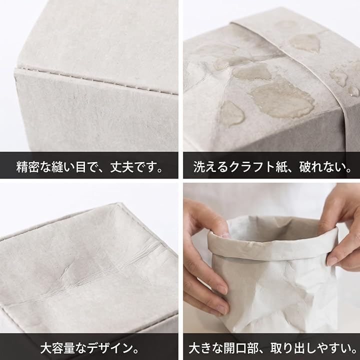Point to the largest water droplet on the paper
point(282,101)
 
